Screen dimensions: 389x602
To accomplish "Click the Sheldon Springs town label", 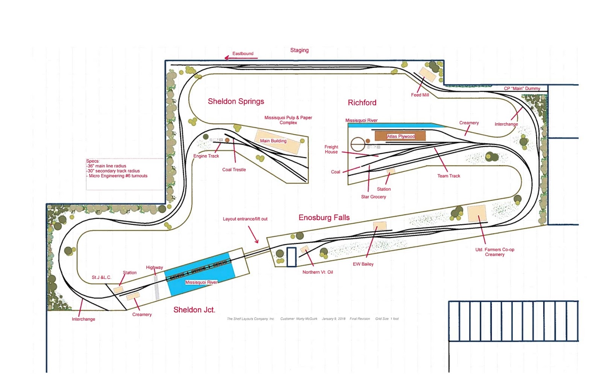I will pyautogui.click(x=236, y=101).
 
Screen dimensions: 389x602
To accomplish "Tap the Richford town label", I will pyautogui.click(x=362, y=103).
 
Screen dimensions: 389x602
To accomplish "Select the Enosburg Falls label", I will pyautogui.click(x=324, y=218).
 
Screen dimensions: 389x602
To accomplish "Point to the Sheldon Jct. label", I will pyautogui.click(x=194, y=310).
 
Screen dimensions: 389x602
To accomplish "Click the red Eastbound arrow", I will pyautogui.click(x=241, y=58).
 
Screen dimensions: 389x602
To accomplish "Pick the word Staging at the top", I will pyautogui.click(x=299, y=50).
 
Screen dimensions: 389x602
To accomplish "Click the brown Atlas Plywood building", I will pyautogui.click(x=400, y=136).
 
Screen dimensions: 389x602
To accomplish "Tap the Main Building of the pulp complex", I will pyautogui.click(x=278, y=141).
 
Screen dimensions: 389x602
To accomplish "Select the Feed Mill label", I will pyautogui.click(x=420, y=95).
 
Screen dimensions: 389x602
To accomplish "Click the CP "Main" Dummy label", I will pyautogui.click(x=522, y=89).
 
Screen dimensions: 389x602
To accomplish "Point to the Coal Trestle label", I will pyautogui.click(x=234, y=170).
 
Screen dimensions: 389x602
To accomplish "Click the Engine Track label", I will pyautogui.click(x=206, y=156).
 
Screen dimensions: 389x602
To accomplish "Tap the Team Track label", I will pyautogui.click(x=448, y=176).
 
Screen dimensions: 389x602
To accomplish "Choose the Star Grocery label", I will pyautogui.click(x=374, y=197).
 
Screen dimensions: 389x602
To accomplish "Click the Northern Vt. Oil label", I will pyautogui.click(x=318, y=272).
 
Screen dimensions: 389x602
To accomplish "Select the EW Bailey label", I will pyautogui.click(x=363, y=264).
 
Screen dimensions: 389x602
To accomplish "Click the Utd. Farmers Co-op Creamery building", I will pyautogui.click(x=477, y=213).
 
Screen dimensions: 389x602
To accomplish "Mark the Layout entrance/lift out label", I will pyautogui.click(x=245, y=219).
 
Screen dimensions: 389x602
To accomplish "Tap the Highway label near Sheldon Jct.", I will pyautogui.click(x=155, y=268).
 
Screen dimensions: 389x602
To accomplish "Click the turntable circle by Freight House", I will pyautogui.click(x=358, y=144).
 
